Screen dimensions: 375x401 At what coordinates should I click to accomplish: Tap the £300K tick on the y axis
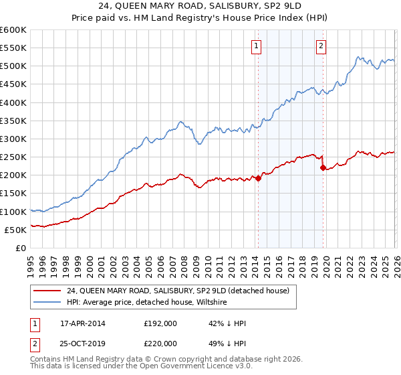pyautogui.click(x=13, y=139)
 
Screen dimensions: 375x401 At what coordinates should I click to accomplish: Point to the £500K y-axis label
pyautogui.click(x=13, y=66)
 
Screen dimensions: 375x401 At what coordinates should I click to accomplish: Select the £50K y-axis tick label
pyautogui.click(x=15, y=230)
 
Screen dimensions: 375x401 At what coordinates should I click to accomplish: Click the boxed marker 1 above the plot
pyautogui.click(x=257, y=46)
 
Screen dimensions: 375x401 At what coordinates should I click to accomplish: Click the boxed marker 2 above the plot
pyautogui.click(x=321, y=46)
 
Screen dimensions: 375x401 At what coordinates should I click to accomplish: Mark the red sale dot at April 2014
pyautogui.click(x=258, y=178)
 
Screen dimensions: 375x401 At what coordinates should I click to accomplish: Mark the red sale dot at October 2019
pyautogui.click(x=323, y=168)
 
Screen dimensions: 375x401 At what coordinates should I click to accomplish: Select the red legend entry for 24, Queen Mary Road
pyautogui.click(x=178, y=291)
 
